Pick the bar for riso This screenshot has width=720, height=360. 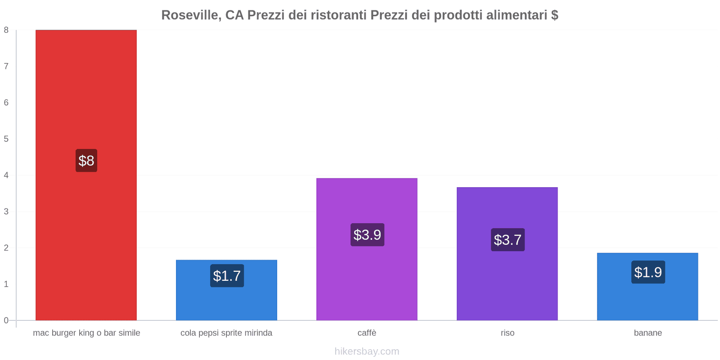pos(507,279)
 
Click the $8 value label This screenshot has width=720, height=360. pos(86,161)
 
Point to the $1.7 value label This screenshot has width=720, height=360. pos(227,276)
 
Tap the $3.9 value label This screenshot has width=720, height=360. pos(367,235)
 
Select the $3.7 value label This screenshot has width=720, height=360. pos(508,240)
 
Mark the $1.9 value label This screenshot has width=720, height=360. pos(648,272)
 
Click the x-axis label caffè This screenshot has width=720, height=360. pos(367,333)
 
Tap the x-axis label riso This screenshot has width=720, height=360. pos(508,333)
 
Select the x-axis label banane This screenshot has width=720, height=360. pos(648,333)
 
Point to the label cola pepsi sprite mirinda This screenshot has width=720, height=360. pos(226,333)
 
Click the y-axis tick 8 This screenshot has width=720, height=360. pos(6,30)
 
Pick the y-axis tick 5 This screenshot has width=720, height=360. pos(6,139)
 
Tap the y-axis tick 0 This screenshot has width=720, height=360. pos(6,320)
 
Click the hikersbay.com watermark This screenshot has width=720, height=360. pos(367,351)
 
